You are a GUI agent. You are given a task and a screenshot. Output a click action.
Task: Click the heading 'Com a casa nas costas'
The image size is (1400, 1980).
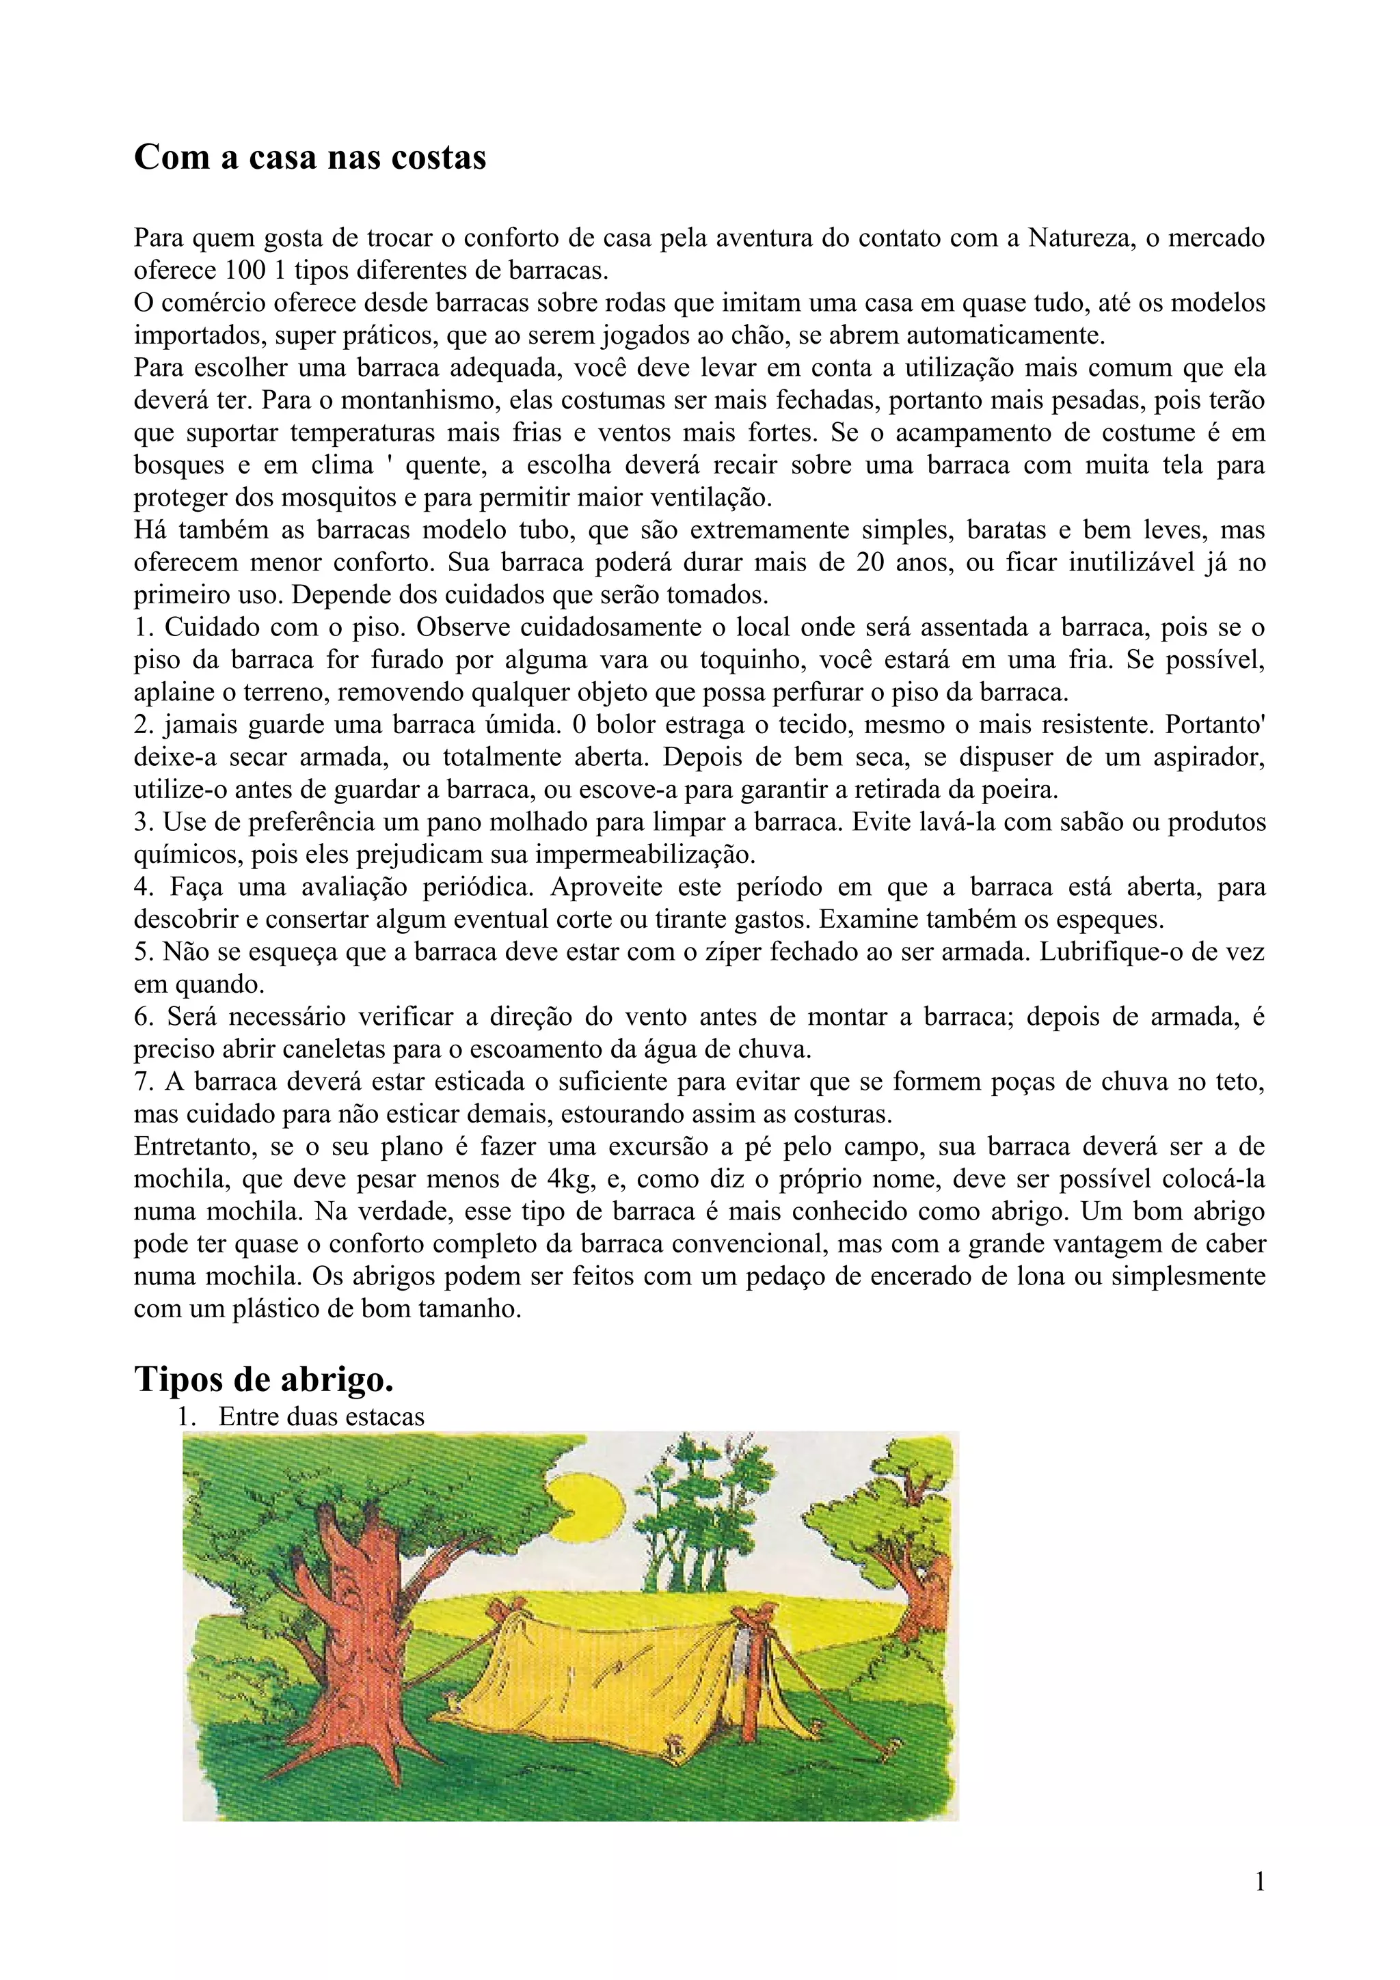310,158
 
